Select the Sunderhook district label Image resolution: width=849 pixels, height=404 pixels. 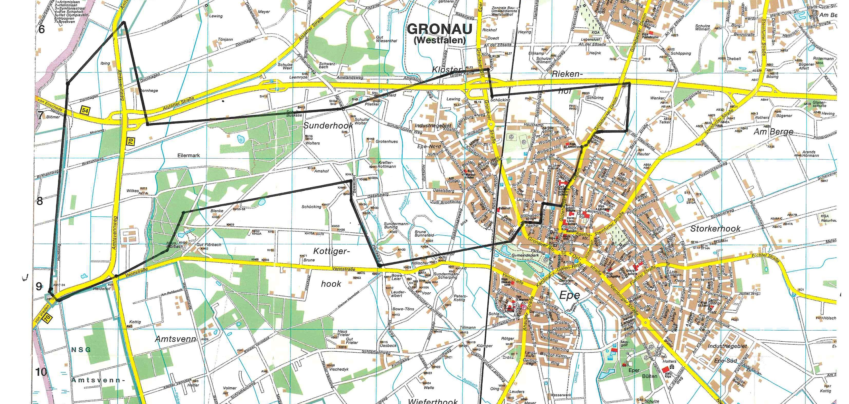coord(328,126)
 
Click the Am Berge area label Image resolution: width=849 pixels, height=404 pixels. coord(773,132)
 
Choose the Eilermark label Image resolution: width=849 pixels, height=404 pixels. coord(188,155)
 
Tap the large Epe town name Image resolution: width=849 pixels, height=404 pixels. coord(570,295)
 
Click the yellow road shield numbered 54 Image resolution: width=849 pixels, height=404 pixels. coord(85,110)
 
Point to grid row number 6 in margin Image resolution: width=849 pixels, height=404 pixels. coord(42,29)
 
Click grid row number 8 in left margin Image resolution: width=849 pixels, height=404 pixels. coord(40,201)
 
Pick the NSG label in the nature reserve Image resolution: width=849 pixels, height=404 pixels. coord(80,350)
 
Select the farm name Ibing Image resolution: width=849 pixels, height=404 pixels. coord(105,63)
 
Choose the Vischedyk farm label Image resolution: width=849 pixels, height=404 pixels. coord(338,369)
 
